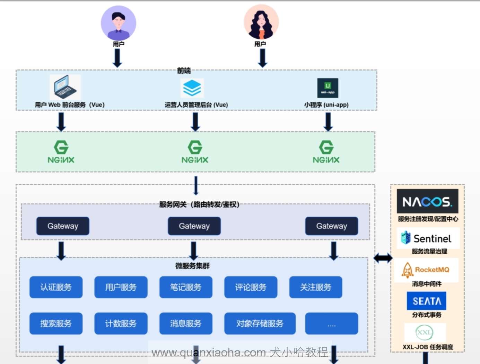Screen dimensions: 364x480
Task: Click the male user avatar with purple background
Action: tap(119, 23)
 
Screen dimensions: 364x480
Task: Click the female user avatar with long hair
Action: tap(261, 22)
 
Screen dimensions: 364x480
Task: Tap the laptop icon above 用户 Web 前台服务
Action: tap(65, 87)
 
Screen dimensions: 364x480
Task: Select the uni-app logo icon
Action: tap(328, 88)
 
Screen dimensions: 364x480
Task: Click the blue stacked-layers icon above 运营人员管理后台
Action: tap(192, 88)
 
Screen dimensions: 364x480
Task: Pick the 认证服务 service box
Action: tap(56, 287)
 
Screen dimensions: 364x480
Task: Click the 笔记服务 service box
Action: tap(186, 287)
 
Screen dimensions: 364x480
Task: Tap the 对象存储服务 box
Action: tap(260, 324)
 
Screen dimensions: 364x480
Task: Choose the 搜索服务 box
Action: tap(56, 324)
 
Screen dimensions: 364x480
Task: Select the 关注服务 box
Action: tap(316, 287)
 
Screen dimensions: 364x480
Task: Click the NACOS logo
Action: tap(427, 201)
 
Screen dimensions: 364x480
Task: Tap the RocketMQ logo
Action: tap(426, 270)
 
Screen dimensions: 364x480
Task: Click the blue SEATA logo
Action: tap(427, 301)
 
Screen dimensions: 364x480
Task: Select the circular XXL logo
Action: tap(424, 333)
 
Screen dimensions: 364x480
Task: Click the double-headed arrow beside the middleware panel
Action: tap(383, 258)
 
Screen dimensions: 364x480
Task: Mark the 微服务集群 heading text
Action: tap(192, 266)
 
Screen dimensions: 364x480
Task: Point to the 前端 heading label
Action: tap(184, 71)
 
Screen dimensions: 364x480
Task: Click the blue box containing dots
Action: tap(331, 324)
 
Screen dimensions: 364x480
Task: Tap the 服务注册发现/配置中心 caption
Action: tap(428, 219)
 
